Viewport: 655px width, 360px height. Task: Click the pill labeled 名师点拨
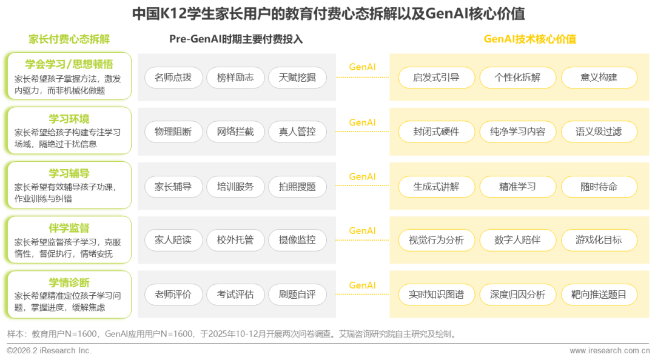coord(173,78)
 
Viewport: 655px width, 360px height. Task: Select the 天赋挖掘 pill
coord(297,78)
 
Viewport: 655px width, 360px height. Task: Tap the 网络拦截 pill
coord(235,132)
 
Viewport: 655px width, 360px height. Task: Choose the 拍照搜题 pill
coord(297,187)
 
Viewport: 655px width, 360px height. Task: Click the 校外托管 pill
coord(235,240)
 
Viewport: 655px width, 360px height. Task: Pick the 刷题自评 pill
coord(297,295)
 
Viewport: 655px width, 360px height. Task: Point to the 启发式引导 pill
coord(436,78)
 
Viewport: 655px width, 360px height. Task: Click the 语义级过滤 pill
coord(599,132)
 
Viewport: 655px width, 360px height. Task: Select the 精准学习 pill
coord(517,187)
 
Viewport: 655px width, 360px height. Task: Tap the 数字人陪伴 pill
coord(517,240)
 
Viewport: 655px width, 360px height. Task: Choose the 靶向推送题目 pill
coord(599,295)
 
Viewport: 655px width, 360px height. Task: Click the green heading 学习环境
coord(69,118)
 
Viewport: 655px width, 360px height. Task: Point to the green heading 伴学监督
coord(69,228)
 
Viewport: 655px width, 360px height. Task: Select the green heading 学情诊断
coord(69,282)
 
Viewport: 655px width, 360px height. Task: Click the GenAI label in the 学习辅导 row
coord(363,177)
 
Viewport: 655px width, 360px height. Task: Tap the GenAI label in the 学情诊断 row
coord(363,285)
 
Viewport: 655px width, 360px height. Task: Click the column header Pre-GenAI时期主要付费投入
coord(236,39)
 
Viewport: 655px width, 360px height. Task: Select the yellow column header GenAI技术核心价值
coord(529,39)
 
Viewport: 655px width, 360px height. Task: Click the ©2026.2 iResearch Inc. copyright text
coord(49,351)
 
